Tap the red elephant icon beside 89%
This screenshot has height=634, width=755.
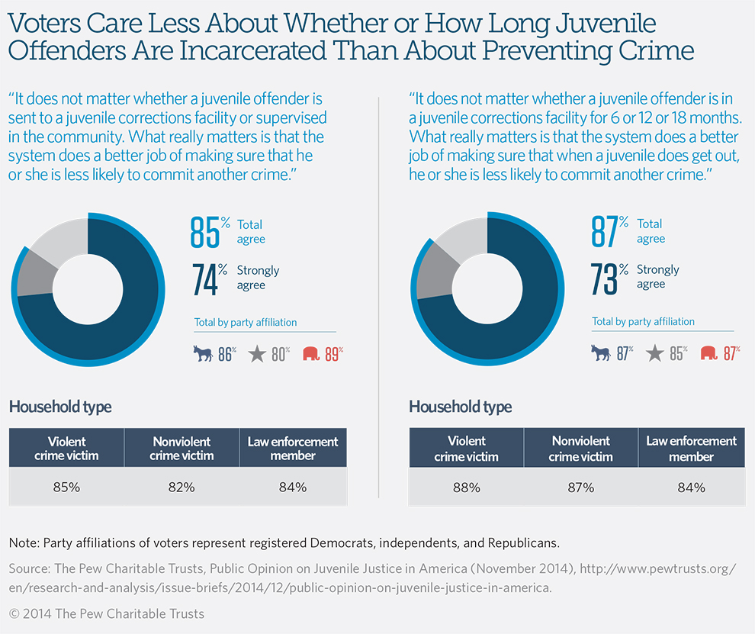pyautogui.click(x=311, y=353)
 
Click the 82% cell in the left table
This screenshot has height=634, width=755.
pyautogui.click(x=181, y=487)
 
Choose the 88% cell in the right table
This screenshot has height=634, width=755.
pyautogui.click(x=466, y=487)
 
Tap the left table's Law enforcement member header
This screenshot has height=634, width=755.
pyautogui.click(x=293, y=449)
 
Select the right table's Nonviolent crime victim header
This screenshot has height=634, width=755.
pyautogui.click(x=580, y=449)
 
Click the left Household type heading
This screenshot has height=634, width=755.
pyautogui.click(x=60, y=407)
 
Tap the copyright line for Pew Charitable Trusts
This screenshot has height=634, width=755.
pyautogui.click(x=107, y=613)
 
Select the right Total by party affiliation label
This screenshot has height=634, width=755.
pyautogui.click(x=644, y=321)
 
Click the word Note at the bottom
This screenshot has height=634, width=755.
pyautogui.click(x=24, y=543)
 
